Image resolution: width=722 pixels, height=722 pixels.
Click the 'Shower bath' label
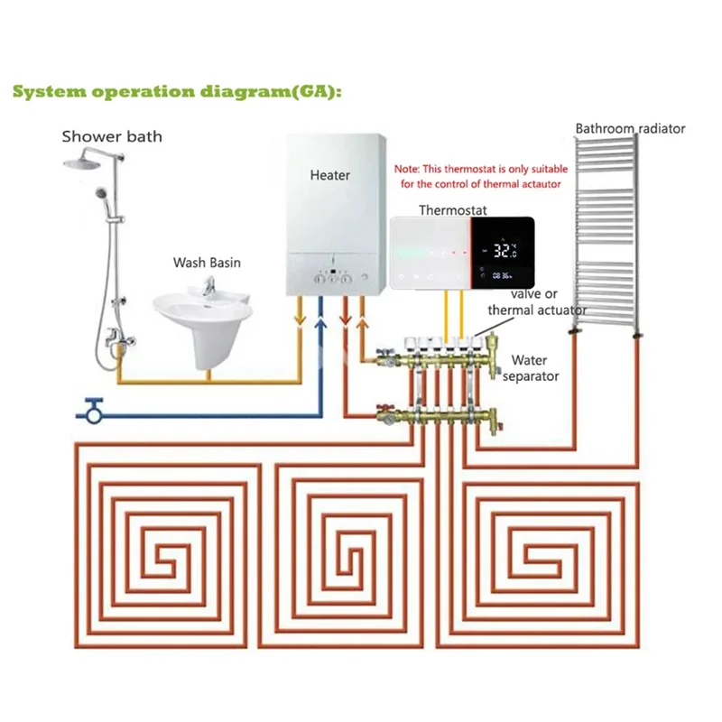point(112,136)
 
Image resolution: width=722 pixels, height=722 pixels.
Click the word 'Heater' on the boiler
point(329,174)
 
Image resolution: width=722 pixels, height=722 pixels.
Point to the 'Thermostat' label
point(452,209)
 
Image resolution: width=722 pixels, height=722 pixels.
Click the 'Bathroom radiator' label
point(630,128)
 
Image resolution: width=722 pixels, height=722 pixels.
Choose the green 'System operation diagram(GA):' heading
point(176,92)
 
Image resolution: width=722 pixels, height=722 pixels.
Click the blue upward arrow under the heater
point(319,320)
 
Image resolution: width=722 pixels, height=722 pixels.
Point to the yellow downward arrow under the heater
point(300,320)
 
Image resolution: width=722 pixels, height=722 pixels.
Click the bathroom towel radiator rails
point(604,235)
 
